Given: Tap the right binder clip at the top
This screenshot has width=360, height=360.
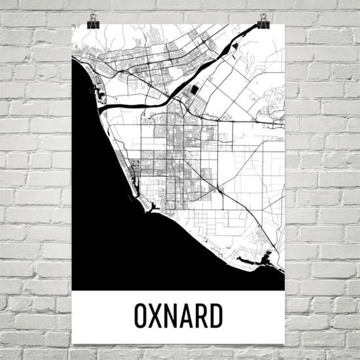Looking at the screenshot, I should (263, 21).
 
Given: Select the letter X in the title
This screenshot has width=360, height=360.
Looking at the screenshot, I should (157, 316).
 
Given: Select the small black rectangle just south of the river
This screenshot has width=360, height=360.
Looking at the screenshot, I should (193, 91).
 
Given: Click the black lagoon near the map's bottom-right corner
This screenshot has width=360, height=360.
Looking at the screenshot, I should (259, 260).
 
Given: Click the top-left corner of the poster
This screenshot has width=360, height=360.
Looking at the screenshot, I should (73, 25).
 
